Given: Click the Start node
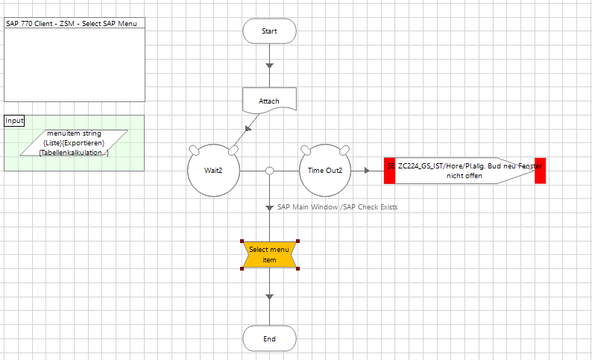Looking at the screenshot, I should tap(269, 31).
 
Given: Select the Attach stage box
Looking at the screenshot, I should tap(269, 100).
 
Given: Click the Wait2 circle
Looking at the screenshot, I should tap(214, 170).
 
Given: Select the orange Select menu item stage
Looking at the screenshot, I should tap(269, 254).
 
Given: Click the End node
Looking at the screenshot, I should tap(269, 338).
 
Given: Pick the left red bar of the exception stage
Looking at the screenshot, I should tap(389, 171).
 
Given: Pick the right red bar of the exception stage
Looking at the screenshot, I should tap(541, 171).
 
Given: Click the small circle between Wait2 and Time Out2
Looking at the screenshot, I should tap(270, 171).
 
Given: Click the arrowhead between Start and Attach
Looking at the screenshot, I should tap(269, 66).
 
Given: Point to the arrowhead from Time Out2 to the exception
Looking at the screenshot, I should tap(366, 171).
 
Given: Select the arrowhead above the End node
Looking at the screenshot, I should tap(269, 297).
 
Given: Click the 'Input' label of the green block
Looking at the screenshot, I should tap(14, 121).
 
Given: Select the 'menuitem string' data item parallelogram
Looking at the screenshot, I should tap(74, 142).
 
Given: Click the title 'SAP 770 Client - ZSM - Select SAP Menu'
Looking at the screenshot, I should tap(75, 23).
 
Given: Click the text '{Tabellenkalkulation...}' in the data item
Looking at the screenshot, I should tap(74, 152).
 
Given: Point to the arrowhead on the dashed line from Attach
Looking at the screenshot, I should tap(247, 128).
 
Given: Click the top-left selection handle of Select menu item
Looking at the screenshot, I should tap(242, 241).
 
